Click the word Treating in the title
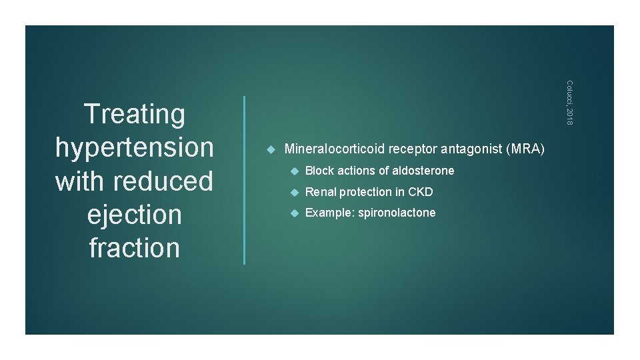coord(135,114)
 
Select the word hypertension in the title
coord(135,147)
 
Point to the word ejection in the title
coord(135,215)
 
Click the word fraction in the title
coord(135,248)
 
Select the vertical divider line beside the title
coord(245,180)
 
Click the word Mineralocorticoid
coord(335,149)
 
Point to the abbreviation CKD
coord(421,192)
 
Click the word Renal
coord(321,192)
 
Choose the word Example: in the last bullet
coord(327,213)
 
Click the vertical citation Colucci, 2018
coord(569,101)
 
